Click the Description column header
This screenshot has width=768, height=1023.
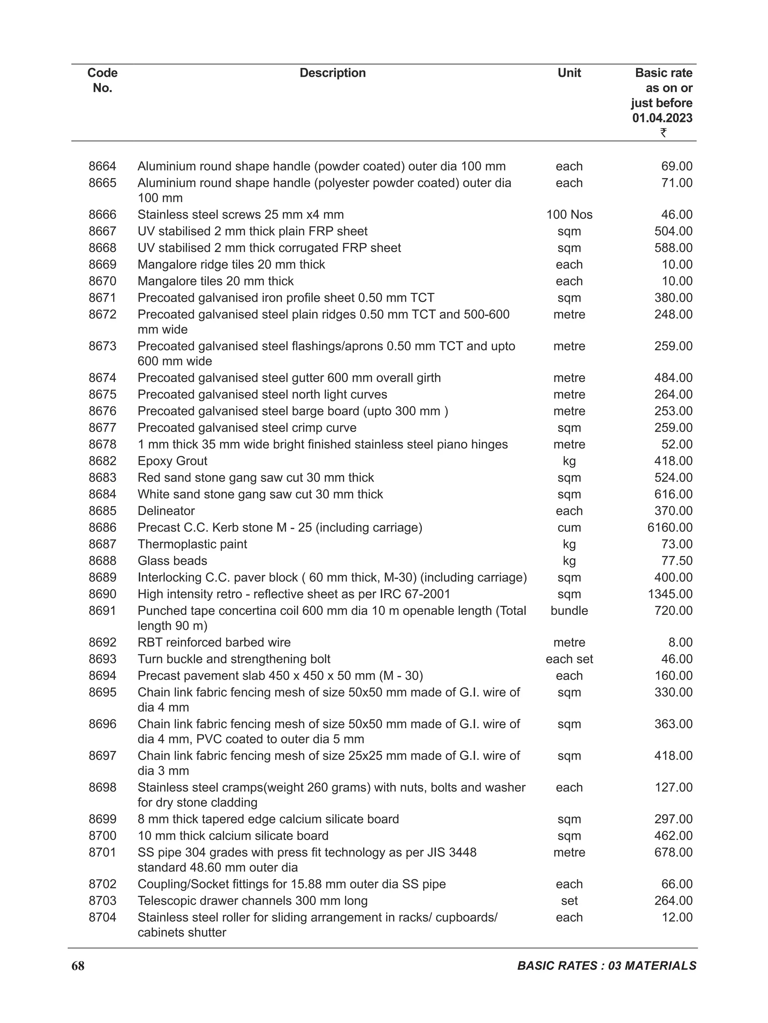[x=333, y=73]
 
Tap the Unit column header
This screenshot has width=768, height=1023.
[x=569, y=73]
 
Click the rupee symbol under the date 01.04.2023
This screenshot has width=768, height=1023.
[x=663, y=133]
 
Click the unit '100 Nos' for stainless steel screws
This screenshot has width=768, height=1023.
[x=569, y=214]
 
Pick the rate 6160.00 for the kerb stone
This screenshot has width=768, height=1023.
[x=669, y=528]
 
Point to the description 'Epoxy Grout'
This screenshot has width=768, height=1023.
[x=172, y=461]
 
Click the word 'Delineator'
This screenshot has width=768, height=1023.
[x=166, y=511]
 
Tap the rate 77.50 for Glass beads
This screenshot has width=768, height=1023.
[x=676, y=561]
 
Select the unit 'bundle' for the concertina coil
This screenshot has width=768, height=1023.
[x=569, y=611]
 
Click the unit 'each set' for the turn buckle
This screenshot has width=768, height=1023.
[x=569, y=659]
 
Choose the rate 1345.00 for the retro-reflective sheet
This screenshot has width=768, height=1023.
[x=669, y=594]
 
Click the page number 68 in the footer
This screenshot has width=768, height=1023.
[x=78, y=966]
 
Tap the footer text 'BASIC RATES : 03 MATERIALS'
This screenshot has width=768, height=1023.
[x=607, y=966]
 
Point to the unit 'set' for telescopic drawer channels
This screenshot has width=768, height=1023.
[x=569, y=901]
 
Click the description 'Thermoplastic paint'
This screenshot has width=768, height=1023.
[x=192, y=544]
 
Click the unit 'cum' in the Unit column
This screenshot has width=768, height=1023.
[x=569, y=528]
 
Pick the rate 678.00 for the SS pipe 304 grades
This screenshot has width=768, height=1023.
[x=673, y=852]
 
